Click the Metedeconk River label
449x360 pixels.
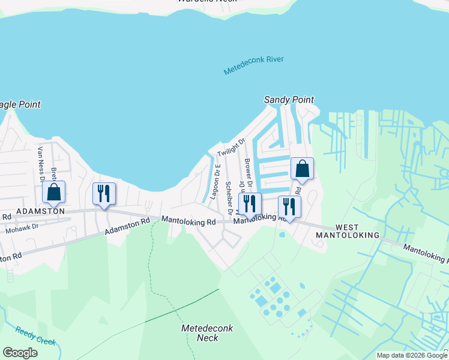tap(253, 65)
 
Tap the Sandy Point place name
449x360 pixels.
tap(289, 100)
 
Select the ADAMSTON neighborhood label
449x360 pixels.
tap(40, 212)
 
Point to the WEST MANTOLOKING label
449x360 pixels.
tap(348, 231)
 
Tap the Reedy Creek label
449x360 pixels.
tap(36, 337)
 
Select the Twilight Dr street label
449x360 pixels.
tap(232, 148)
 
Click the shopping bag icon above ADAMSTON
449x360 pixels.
tap(54, 193)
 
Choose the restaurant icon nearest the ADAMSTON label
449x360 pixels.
tap(104, 194)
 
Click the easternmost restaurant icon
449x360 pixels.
tap(290, 207)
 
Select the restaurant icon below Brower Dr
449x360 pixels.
tap(250, 204)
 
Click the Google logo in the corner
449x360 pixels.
tap(20, 352)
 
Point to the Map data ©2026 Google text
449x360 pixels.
tap(412, 355)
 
